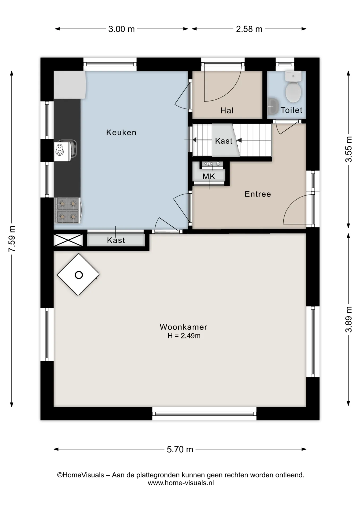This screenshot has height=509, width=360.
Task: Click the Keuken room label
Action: [x=121, y=132]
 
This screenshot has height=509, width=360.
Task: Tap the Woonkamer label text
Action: [x=183, y=327]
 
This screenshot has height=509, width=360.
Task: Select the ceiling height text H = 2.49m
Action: [x=184, y=336]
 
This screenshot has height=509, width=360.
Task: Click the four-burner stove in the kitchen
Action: [x=68, y=210]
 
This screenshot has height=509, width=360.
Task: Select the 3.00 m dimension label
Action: [x=121, y=29]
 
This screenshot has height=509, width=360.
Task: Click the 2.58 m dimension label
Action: [x=249, y=29]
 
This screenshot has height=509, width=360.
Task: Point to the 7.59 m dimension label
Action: [x=12, y=239]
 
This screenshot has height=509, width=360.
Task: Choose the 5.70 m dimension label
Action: [x=180, y=449]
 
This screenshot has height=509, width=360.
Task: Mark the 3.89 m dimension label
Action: [x=349, y=319]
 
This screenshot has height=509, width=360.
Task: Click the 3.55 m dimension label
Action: [x=349, y=149]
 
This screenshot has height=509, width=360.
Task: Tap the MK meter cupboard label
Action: [x=209, y=176]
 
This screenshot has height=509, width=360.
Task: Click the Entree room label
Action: [x=258, y=194]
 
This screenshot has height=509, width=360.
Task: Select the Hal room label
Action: [x=227, y=111]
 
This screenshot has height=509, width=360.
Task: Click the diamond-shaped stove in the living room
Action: [x=78, y=274]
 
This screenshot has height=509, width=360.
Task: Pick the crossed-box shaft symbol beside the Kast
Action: [x=68, y=240]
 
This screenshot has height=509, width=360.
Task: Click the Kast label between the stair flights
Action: [x=223, y=141]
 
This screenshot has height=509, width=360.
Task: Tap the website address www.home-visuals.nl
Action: [x=181, y=483]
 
